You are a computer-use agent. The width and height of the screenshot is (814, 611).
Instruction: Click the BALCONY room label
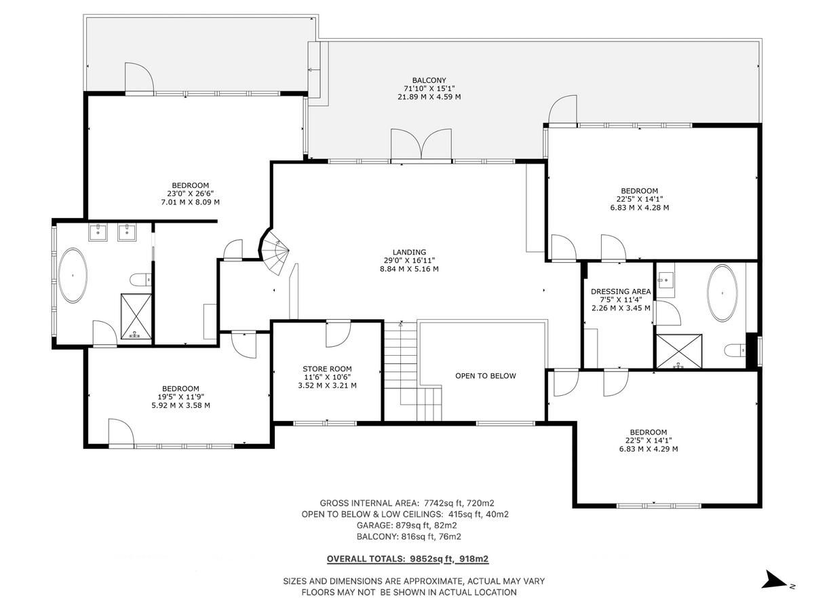click(x=429, y=80)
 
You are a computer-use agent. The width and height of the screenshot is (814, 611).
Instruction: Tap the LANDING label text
click(x=409, y=252)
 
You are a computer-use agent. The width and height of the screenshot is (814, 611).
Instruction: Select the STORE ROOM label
click(x=327, y=369)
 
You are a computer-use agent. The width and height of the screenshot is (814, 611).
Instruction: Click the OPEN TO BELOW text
click(x=485, y=375)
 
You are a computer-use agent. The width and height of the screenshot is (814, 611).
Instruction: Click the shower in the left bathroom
click(x=135, y=316)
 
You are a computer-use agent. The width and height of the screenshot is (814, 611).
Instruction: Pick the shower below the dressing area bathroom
click(x=677, y=350)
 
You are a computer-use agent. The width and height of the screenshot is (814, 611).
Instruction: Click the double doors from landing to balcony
click(x=421, y=144)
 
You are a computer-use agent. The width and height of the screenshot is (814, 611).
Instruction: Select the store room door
click(x=338, y=333)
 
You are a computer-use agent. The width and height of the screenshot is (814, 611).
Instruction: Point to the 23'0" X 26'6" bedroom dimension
click(x=189, y=193)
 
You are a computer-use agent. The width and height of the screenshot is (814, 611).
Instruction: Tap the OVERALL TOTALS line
click(x=407, y=559)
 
